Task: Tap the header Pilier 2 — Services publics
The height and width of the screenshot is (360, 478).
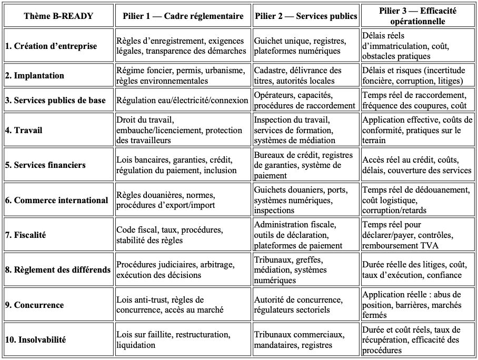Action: (306, 16)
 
